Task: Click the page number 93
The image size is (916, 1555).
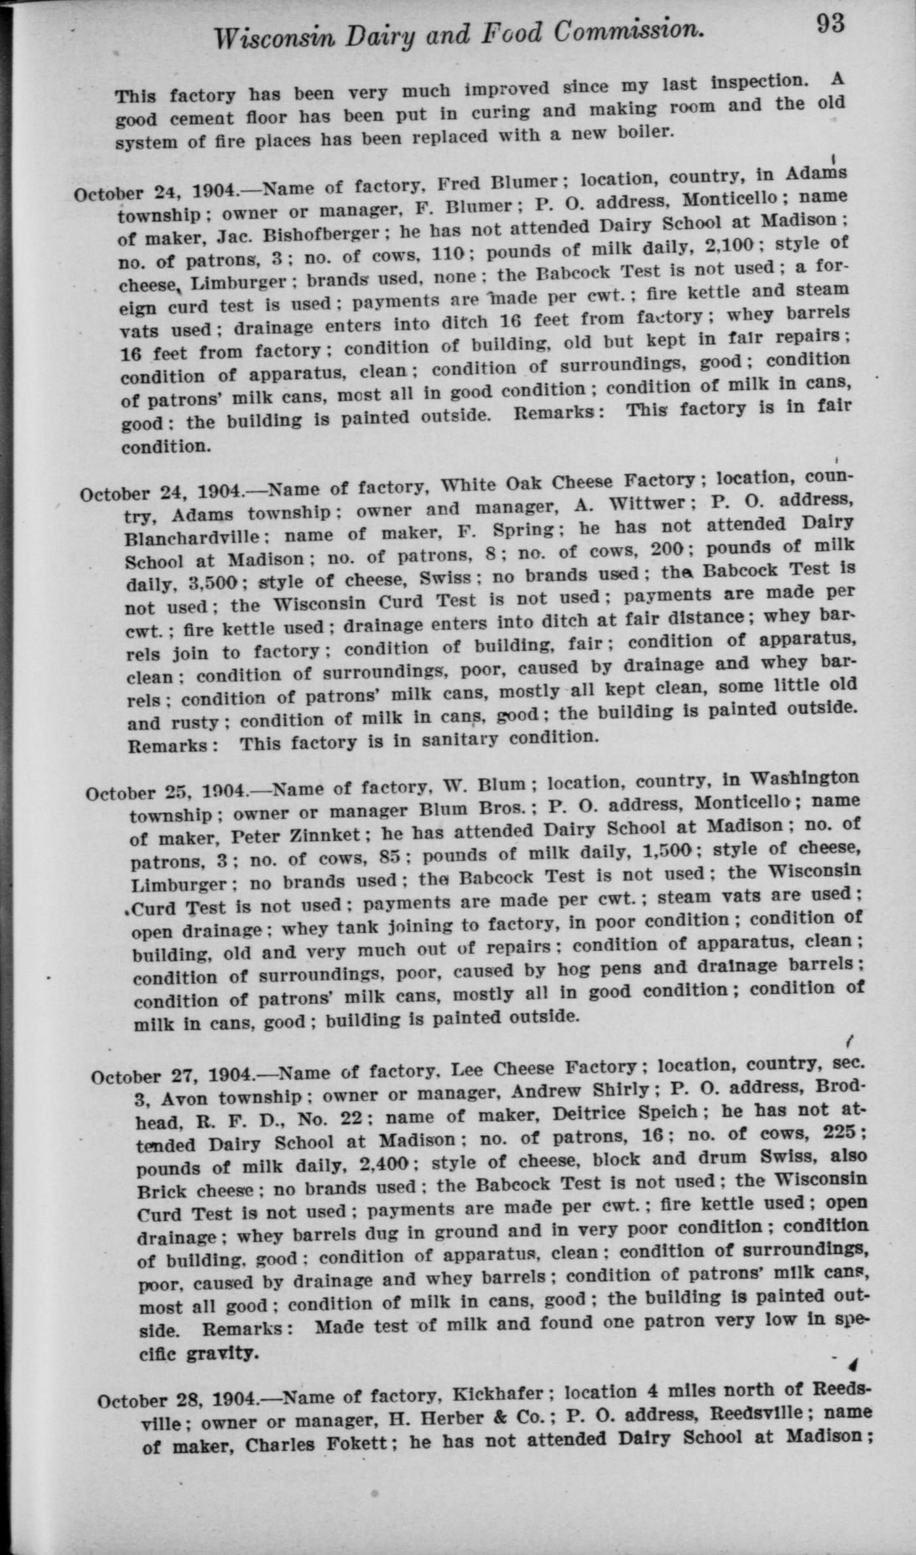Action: [830, 24]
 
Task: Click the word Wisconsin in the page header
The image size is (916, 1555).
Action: [272, 39]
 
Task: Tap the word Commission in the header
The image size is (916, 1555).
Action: [628, 31]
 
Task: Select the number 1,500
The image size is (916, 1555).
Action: [667, 850]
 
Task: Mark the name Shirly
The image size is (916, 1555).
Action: [618, 1090]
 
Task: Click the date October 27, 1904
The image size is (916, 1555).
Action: [173, 1075]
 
